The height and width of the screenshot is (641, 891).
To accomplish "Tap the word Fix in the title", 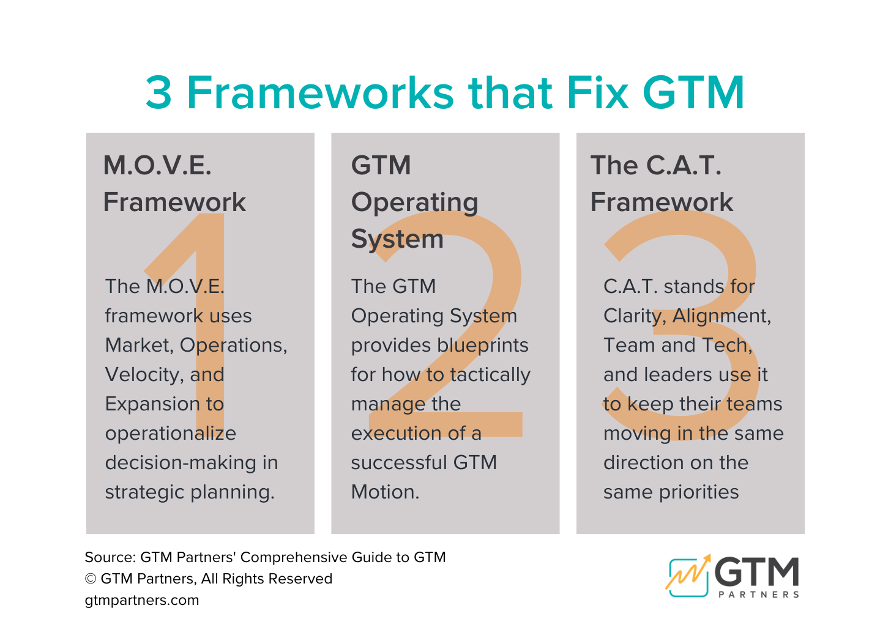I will [x=597, y=93].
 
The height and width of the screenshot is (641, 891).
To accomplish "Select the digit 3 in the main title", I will [x=158, y=93].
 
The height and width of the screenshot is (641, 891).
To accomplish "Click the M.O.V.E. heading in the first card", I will [x=157, y=166].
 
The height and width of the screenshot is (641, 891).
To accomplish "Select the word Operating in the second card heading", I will [x=414, y=202].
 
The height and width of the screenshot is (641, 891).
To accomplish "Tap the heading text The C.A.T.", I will [x=655, y=166].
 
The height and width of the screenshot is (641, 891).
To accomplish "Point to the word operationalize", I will [x=170, y=433].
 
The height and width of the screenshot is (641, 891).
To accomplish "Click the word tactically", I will [x=490, y=374].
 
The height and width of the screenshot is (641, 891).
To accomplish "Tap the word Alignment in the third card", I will [x=721, y=316].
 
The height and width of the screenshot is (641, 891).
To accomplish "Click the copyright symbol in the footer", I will [x=91, y=579].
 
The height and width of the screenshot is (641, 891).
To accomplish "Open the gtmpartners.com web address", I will [x=142, y=600].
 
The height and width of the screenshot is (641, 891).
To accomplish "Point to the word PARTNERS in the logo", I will [x=759, y=595].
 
